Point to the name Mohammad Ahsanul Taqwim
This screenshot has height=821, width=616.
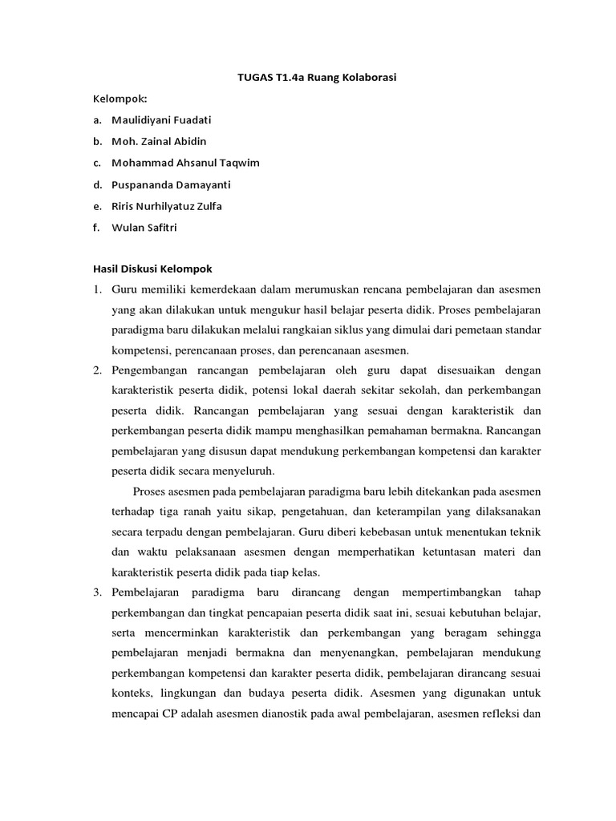coord(185,163)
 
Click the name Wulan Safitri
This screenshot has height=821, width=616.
coord(144,227)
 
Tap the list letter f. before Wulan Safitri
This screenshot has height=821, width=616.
coord(95,227)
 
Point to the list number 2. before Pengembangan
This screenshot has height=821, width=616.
coord(95,370)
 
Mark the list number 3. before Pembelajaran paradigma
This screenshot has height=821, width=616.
coord(95,592)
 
